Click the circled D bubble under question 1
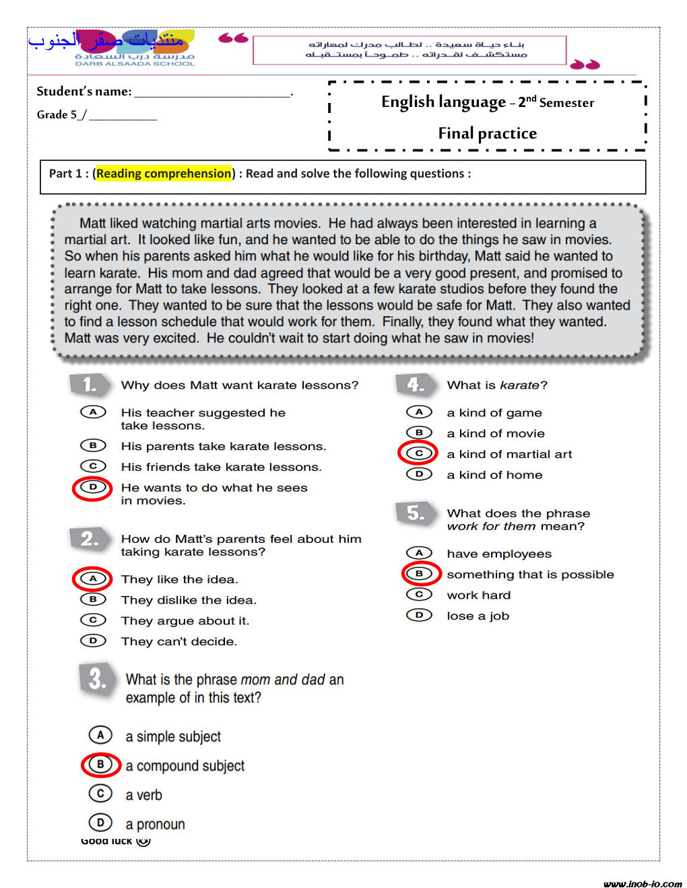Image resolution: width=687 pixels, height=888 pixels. (93, 487)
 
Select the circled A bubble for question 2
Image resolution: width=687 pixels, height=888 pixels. (93, 579)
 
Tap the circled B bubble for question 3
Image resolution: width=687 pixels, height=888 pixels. (100, 765)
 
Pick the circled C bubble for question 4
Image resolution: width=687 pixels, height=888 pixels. (418, 453)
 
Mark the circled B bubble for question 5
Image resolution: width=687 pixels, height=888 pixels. (419, 574)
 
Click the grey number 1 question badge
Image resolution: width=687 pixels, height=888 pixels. (89, 385)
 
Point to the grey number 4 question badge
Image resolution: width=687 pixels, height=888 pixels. (416, 385)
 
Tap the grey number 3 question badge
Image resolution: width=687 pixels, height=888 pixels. (97, 679)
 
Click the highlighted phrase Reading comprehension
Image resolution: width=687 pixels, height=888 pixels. (164, 174)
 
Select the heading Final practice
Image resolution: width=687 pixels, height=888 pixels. (487, 133)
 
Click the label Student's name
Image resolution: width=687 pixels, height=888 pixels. (84, 91)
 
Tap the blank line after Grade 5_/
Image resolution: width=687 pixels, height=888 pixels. (123, 116)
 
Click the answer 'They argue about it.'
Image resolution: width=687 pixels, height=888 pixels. (185, 620)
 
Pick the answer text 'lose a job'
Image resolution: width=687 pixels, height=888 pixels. (478, 616)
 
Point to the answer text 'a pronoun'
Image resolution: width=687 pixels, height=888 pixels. (155, 824)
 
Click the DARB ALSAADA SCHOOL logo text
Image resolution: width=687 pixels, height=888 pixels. (135, 63)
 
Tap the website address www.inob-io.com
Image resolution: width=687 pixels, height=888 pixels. (643, 883)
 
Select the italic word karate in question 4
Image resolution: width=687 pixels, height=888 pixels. (519, 385)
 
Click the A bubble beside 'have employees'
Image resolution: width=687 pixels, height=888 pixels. (419, 553)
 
